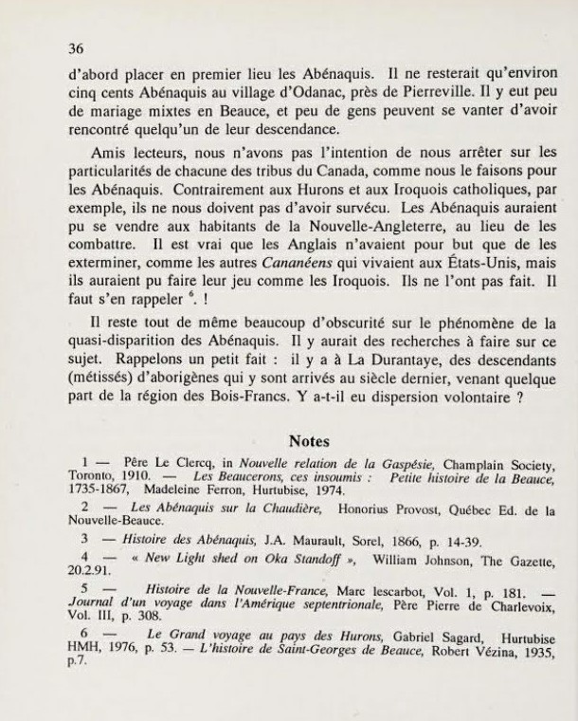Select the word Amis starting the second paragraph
[x=111, y=158]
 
